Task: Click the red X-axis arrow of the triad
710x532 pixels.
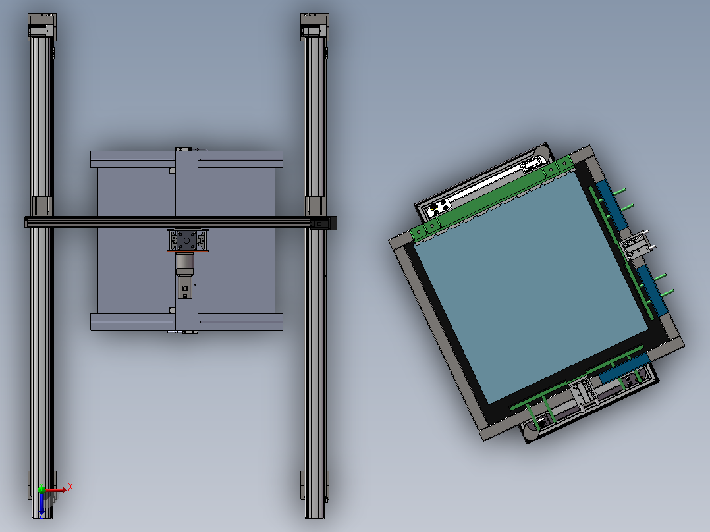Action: point(55,489)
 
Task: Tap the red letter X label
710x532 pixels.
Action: point(70,487)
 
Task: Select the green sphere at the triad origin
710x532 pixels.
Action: point(41,489)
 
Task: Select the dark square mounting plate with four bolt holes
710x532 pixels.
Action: point(186,240)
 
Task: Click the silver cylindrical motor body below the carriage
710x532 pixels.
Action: point(184,260)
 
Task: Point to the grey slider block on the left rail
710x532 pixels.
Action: point(42,206)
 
